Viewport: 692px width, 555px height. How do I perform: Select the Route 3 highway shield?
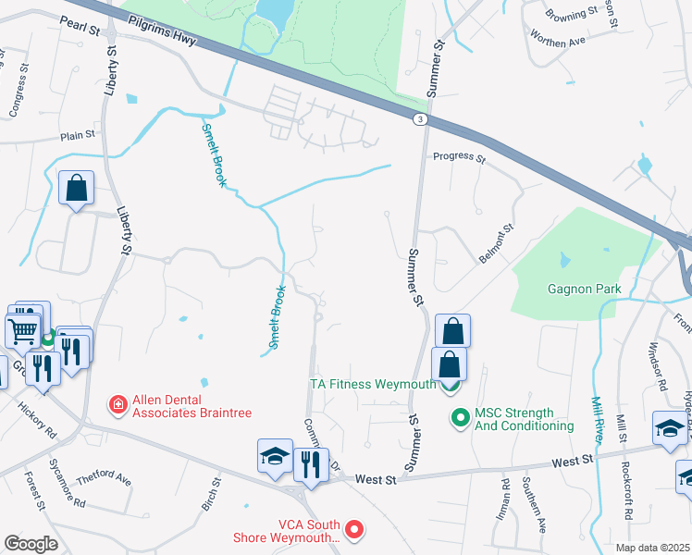420,119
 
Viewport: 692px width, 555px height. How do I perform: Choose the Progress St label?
460,158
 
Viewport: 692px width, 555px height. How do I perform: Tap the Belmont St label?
496,243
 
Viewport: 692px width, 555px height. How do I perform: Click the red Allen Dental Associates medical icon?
117,403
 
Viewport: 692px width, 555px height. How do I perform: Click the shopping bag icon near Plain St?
76,188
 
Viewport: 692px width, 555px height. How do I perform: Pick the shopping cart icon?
23,329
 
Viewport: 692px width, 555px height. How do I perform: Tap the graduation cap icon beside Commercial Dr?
275,456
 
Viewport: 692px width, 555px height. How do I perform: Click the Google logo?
31,543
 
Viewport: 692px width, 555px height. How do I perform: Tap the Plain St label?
78,135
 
